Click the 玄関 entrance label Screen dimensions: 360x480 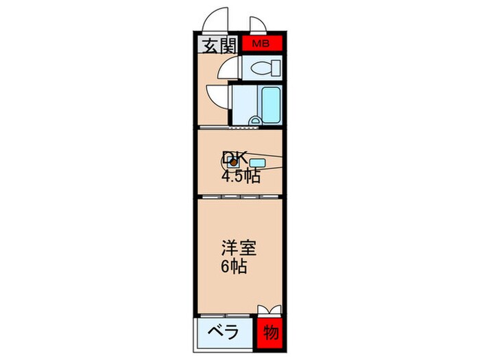(x=219, y=46)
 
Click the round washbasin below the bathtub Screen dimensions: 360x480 (x=255, y=122)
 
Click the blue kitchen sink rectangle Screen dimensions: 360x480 (x=257, y=163)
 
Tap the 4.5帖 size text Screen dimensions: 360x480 (x=241, y=177)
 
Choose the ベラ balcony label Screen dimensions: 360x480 (x=224, y=334)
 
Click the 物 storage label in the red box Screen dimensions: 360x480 (x=271, y=334)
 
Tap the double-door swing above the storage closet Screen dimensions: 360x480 (x=269, y=310)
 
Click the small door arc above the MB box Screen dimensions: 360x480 (x=259, y=26)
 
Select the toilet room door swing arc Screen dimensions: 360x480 (x=226, y=69)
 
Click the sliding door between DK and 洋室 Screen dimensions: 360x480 (x=240, y=196)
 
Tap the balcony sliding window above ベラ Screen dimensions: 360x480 (x=226, y=317)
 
